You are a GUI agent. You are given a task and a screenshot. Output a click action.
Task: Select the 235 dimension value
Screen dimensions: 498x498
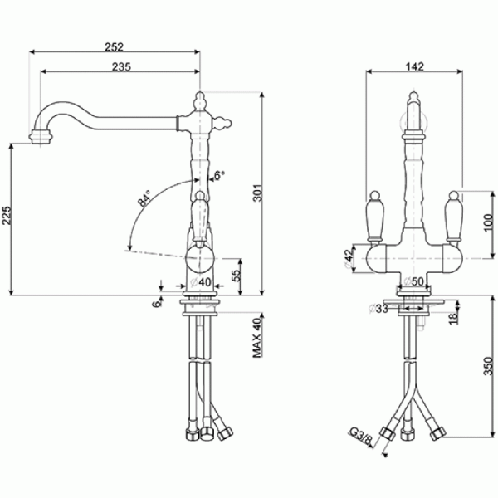(x=121, y=66)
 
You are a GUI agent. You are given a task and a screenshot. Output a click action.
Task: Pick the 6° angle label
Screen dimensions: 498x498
(x=220, y=175)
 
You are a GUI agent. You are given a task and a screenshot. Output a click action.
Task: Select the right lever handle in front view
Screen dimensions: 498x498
(x=454, y=215)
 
